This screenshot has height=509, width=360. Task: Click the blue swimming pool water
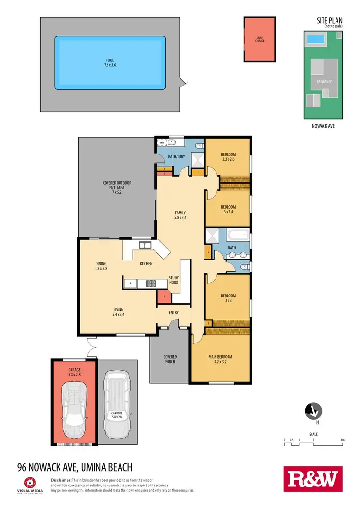(x=110, y=62)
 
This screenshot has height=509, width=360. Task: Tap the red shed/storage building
(x=260, y=40)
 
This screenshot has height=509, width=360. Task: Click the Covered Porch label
(x=170, y=359)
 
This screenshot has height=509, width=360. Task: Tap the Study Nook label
(x=173, y=280)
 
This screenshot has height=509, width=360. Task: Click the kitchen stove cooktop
(x=152, y=283)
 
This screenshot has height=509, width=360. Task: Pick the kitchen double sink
(x=144, y=246)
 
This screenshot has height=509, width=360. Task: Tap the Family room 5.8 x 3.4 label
(x=180, y=215)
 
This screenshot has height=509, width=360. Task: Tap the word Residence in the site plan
(x=324, y=82)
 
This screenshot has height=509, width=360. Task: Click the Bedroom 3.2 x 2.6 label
(x=228, y=157)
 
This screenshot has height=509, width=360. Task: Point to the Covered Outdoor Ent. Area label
(x=117, y=186)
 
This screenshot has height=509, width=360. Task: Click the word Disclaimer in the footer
(x=60, y=480)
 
